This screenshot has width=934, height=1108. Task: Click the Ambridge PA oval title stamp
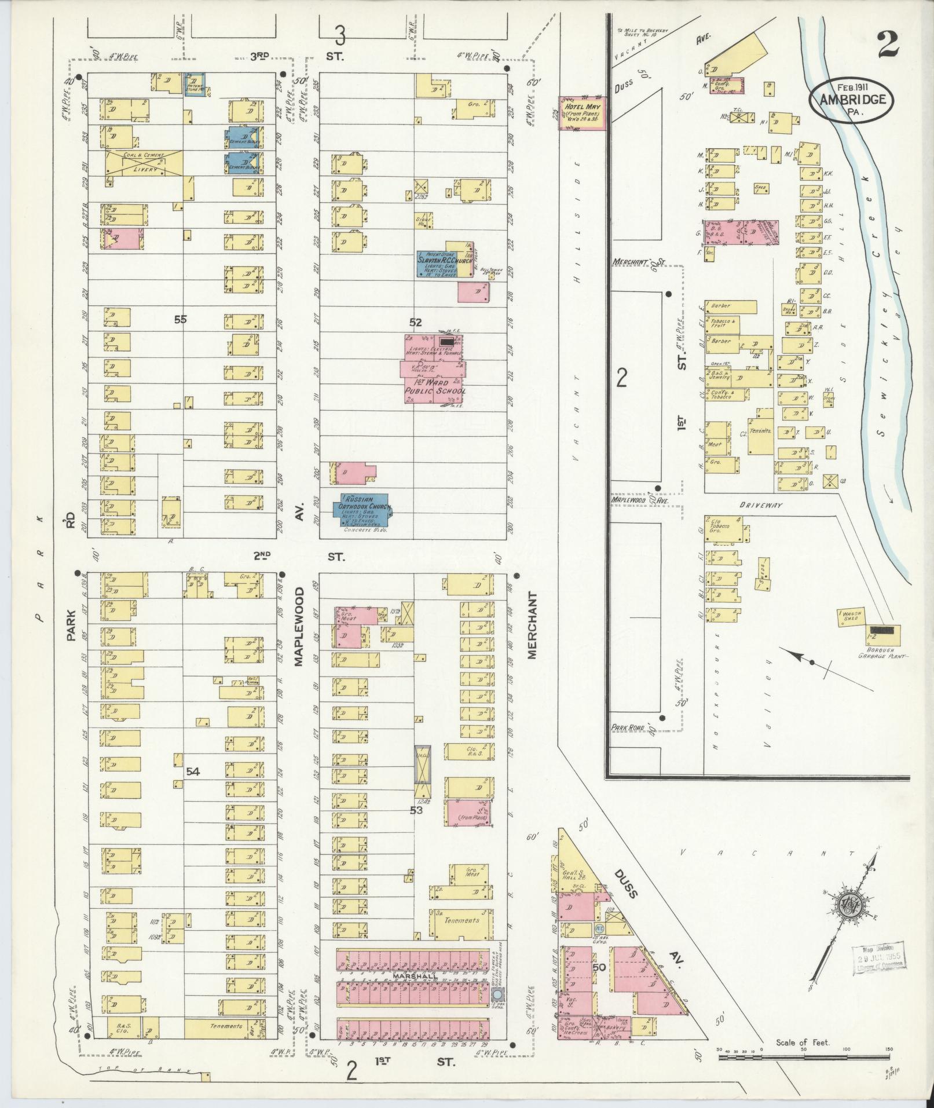851,99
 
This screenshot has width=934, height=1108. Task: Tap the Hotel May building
582,113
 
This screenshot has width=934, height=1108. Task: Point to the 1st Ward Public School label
433,387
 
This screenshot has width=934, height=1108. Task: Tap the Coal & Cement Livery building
144,162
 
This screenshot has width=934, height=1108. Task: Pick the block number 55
181,319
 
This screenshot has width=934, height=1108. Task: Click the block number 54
193,771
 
